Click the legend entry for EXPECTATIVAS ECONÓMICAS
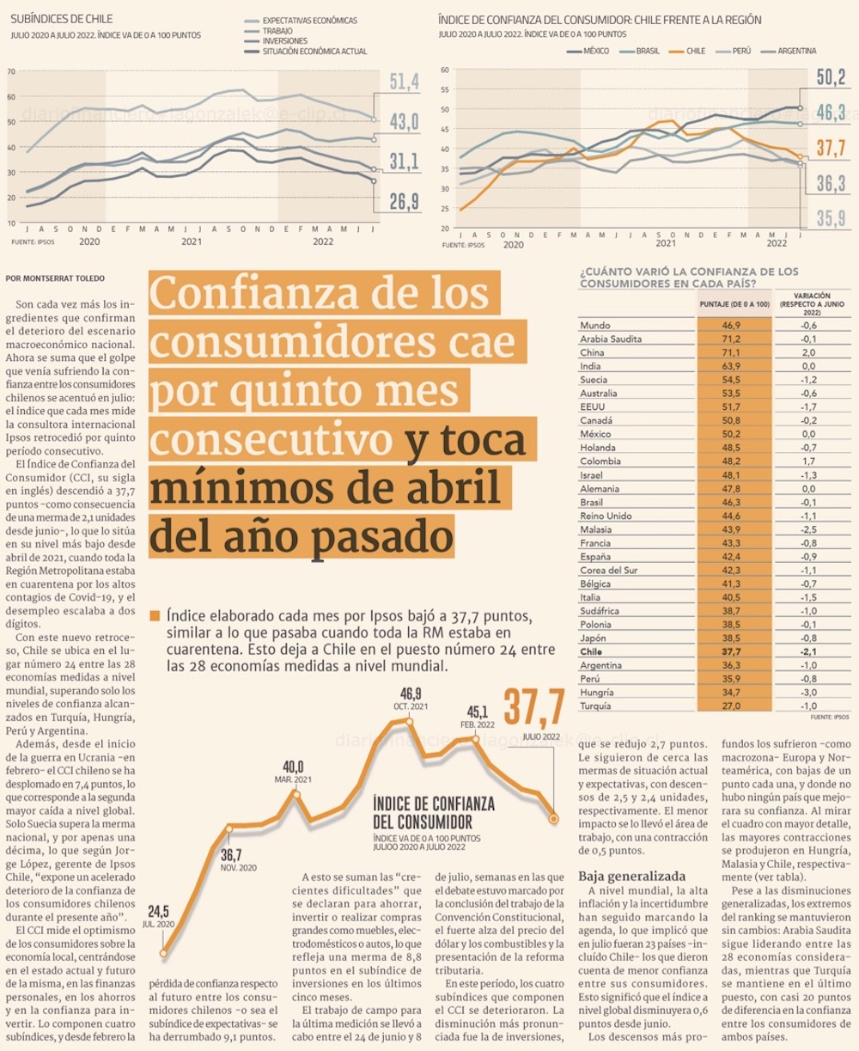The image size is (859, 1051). pos(308,21)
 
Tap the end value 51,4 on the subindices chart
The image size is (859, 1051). pos(404,82)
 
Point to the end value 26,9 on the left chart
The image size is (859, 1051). pos(404,201)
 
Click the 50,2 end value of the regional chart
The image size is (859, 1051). pos(831,77)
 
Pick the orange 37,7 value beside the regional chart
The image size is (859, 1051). pos(831,148)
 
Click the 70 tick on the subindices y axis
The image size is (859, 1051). pos(11,71)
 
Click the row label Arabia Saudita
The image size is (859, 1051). pos(611,339)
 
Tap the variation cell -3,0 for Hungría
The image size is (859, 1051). pos(808,692)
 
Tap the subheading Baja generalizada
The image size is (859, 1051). pos(625,876)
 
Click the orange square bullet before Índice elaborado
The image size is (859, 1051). pos(155,615)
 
